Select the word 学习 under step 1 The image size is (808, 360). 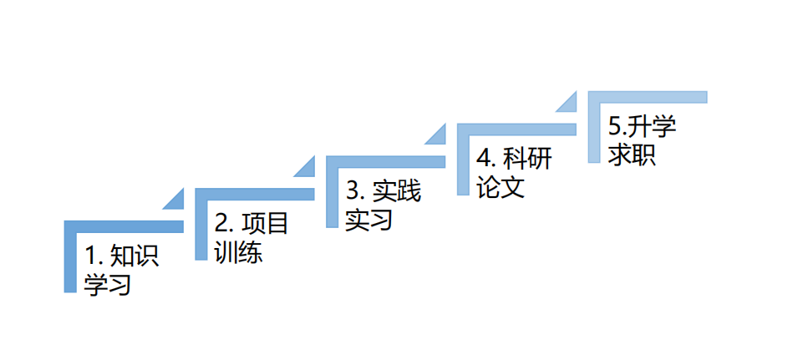tap(109, 284)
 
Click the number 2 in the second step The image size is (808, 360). tap(222, 224)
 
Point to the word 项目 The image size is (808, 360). tap(265, 224)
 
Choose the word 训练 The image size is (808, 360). tap(239, 251)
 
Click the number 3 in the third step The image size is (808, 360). tap(353, 191)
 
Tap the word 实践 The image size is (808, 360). tap(396, 191)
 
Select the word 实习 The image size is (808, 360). tap(370, 220)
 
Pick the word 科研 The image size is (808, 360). tap(527, 159)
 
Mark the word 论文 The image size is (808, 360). tap(501, 186)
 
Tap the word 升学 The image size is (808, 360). tap(653, 127)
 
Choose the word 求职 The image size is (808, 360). tap(633, 155)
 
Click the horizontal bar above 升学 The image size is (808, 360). tap(648, 96)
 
